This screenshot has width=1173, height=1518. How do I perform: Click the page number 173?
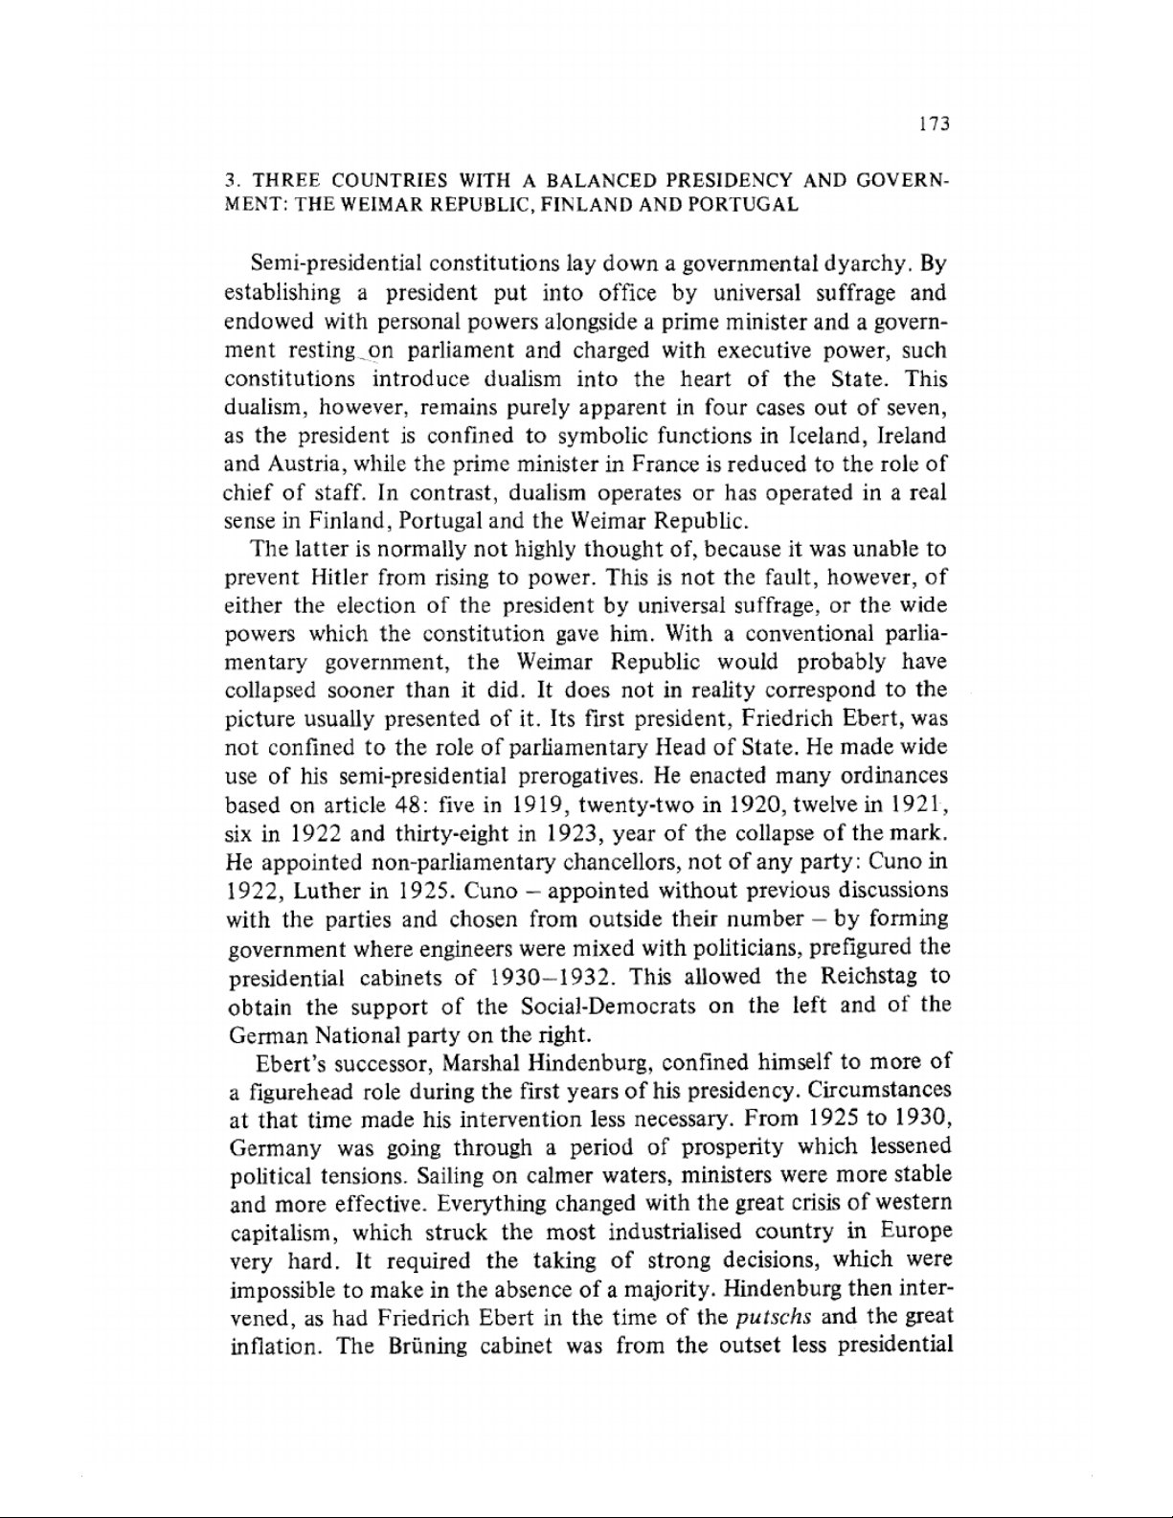pos(933,124)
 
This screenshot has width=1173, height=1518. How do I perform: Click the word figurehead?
pos(299,1091)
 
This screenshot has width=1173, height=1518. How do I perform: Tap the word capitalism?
pos(281,1232)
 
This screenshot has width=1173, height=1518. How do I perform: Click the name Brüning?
pos(423,1346)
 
